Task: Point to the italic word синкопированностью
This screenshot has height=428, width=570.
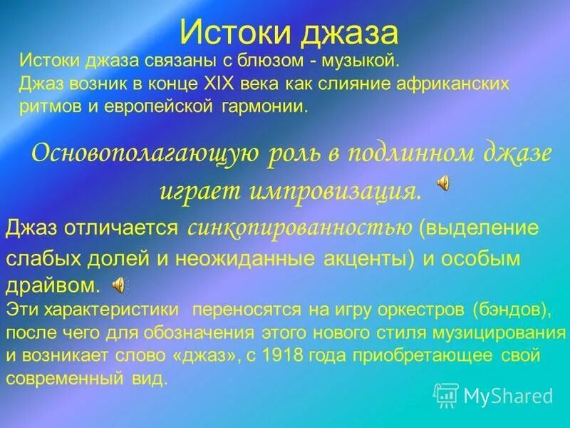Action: point(300,228)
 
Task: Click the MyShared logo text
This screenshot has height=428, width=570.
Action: point(508,395)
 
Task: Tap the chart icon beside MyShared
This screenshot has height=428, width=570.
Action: point(447,394)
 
